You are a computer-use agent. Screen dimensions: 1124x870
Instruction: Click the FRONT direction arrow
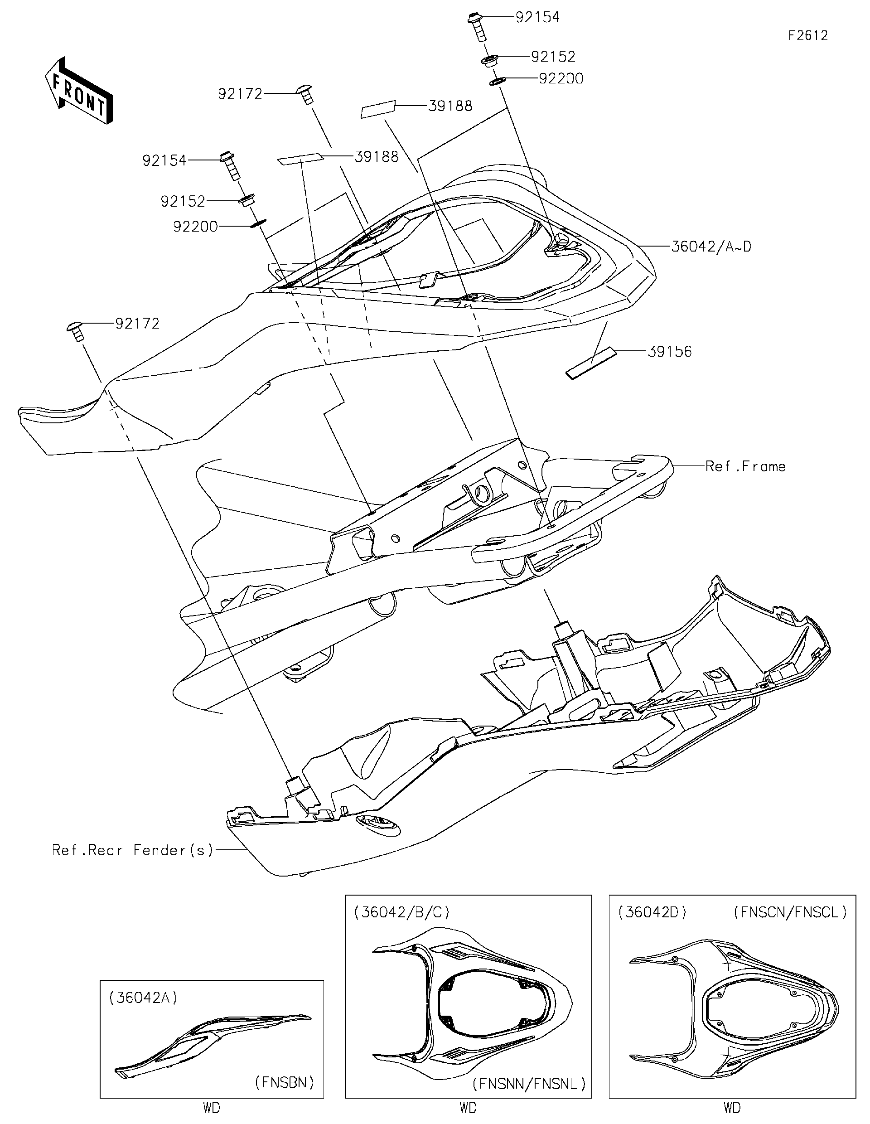pos(79,91)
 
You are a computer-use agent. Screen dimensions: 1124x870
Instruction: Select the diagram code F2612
pos(808,35)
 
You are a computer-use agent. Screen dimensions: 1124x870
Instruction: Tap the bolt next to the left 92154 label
pos(230,165)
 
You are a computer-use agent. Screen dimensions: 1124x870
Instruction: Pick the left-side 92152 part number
pos(183,201)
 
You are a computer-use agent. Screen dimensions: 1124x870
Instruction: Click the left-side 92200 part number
pos(195,227)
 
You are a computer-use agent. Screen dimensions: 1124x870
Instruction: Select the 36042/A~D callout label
pos(711,247)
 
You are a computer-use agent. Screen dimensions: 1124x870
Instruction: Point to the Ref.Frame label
pos(745,466)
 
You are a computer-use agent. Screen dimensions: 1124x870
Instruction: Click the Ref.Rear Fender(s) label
pos(132,850)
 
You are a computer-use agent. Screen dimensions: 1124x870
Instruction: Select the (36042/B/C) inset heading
pos(402,912)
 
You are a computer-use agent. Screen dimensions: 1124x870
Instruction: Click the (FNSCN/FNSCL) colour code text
pos(790,912)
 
